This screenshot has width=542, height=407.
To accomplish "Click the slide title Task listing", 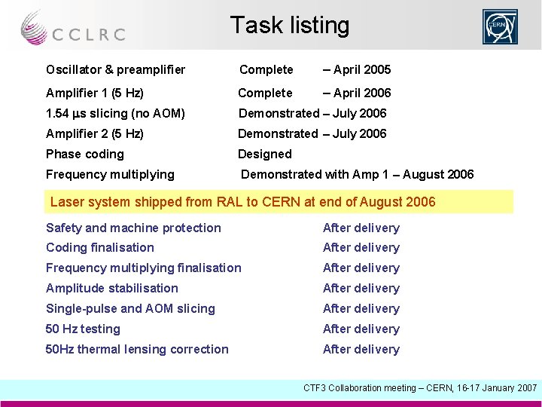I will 290,26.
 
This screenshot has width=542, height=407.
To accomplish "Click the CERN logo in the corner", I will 501,27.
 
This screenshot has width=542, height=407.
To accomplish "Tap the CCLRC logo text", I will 88,34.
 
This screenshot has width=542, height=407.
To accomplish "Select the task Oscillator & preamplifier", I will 115,70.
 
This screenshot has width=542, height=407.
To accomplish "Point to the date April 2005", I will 357,70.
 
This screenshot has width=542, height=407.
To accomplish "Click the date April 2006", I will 357,93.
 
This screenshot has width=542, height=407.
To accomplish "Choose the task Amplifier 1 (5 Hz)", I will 95,93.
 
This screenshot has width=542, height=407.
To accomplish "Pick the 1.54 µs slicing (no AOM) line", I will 115,114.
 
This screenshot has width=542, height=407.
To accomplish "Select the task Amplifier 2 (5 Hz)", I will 95,134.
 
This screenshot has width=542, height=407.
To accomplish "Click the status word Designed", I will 264,155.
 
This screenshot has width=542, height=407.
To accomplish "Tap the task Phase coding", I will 84,155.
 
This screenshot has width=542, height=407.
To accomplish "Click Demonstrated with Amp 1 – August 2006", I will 357,175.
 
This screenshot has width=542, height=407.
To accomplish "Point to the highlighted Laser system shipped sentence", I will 242,202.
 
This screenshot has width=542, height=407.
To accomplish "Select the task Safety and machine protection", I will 133,228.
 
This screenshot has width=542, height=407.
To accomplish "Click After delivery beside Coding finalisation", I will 361,248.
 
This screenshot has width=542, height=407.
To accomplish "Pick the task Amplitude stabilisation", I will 112,289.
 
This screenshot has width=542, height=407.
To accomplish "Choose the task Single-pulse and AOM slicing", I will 130,309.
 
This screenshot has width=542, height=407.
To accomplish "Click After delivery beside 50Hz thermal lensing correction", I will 361,350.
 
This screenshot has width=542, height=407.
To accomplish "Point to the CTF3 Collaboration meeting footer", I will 419,388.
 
